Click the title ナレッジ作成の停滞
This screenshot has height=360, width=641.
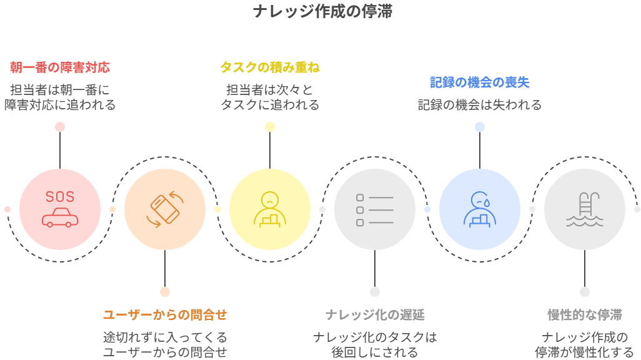point(322,12)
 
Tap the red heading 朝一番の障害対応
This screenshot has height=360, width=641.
point(60,67)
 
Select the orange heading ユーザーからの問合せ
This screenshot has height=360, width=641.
point(165,314)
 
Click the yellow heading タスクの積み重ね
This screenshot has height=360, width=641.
point(270,67)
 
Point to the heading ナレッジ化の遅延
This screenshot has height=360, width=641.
point(375,314)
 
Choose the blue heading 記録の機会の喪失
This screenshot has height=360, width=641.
point(480,82)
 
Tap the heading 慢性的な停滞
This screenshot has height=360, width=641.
point(585,314)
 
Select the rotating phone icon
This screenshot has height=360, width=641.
point(165,209)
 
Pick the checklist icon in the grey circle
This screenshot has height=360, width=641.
point(375,209)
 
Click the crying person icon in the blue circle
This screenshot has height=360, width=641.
point(480,209)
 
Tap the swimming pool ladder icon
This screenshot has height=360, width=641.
point(585,209)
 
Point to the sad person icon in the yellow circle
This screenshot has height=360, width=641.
point(270,209)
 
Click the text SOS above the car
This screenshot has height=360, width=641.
point(60,197)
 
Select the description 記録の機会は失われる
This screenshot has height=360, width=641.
point(480,105)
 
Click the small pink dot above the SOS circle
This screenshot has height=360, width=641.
point(60,127)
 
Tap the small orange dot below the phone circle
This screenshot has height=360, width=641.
point(165,292)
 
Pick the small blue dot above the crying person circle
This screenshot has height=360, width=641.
point(480,127)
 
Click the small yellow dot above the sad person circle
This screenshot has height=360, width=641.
point(270,127)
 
